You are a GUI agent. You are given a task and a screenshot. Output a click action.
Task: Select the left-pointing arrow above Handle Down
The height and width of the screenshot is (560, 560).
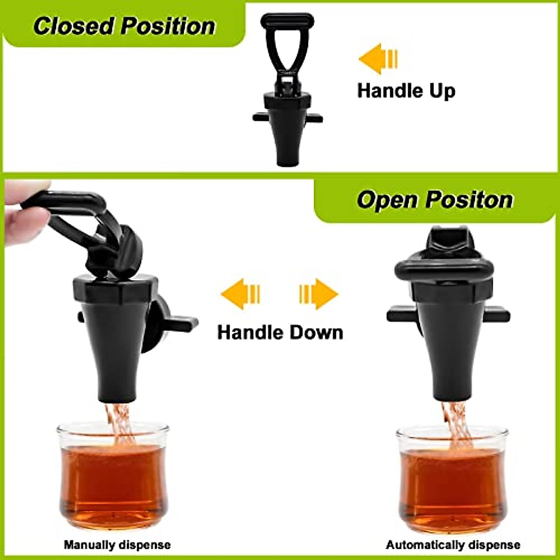240,294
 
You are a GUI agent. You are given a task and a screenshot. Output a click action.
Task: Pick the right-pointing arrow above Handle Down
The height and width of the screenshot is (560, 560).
319,294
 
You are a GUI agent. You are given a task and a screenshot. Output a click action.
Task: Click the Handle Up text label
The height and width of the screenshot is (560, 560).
406,90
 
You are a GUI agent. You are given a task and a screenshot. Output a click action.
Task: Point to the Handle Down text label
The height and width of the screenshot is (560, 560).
280,333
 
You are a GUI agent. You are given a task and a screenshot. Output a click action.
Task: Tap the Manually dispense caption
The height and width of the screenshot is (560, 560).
117,545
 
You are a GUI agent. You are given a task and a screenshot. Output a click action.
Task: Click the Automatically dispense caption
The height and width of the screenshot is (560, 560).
453,545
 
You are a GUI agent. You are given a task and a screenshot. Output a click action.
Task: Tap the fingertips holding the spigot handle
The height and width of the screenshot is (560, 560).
28,205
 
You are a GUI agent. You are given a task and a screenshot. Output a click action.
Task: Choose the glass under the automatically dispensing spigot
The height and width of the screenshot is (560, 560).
452,481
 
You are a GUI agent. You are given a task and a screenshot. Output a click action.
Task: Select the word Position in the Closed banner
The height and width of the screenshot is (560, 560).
168,26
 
